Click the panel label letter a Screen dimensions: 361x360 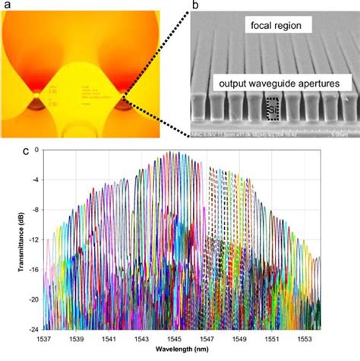coord(6,8)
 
